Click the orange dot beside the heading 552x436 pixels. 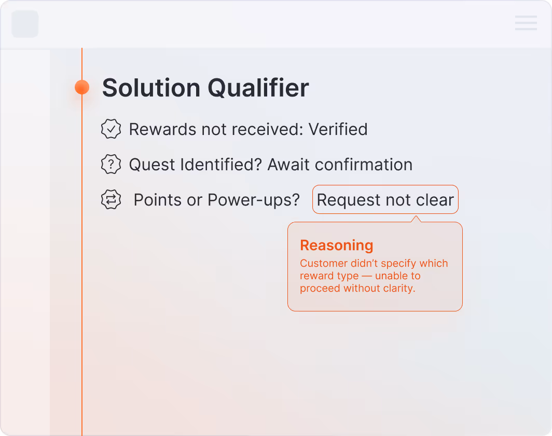[82, 87]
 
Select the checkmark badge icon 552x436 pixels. [111, 129]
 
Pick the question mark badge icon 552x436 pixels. [111, 165]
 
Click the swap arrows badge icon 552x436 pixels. [111, 200]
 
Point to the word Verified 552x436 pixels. [338, 129]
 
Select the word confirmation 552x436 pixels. [364, 165]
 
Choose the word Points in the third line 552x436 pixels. [158, 200]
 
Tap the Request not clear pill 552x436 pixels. [385, 200]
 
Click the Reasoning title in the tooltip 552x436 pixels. [336, 246]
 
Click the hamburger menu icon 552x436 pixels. [526, 23]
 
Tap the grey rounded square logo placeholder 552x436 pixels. [25, 24]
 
